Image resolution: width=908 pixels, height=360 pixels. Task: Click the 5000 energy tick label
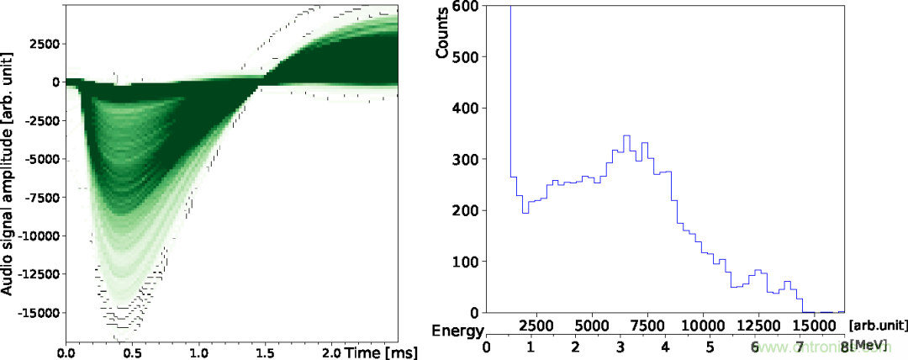pos(592,325)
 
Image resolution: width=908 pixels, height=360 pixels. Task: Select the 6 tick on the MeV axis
pos(754,346)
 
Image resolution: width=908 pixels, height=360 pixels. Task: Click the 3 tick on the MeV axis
pos(620,346)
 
